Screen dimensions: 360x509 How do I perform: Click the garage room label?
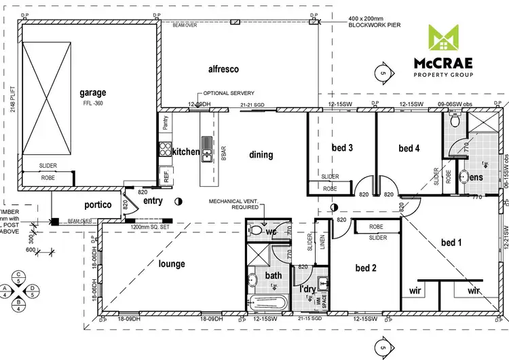(93, 93)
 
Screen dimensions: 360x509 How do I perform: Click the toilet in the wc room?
(257, 230)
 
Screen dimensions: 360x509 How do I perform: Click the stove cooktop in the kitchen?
(164, 151)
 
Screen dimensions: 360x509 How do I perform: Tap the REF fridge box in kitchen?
(166, 175)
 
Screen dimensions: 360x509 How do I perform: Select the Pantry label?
(166, 123)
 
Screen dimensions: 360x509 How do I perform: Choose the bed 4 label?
(409, 148)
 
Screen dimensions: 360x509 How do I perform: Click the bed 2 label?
(365, 268)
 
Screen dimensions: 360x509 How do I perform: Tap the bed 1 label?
(452, 242)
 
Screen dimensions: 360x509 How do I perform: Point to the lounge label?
(172, 264)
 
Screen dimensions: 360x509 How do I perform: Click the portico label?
(98, 204)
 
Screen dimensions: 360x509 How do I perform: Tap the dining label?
(261, 155)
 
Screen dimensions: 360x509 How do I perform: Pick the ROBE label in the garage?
(48, 177)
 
